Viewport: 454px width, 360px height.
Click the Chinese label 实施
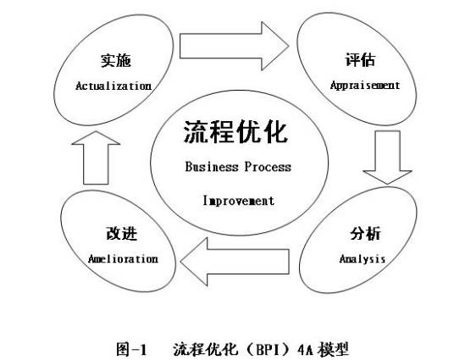(113, 62)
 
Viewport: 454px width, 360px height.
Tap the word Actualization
(113, 86)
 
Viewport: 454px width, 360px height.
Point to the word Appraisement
(364, 86)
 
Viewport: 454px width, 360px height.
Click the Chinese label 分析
(365, 234)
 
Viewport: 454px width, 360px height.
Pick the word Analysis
(363, 258)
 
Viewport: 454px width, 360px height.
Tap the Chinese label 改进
(120, 234)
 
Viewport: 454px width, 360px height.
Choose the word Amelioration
(123, 258)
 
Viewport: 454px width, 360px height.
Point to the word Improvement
(238, 201)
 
